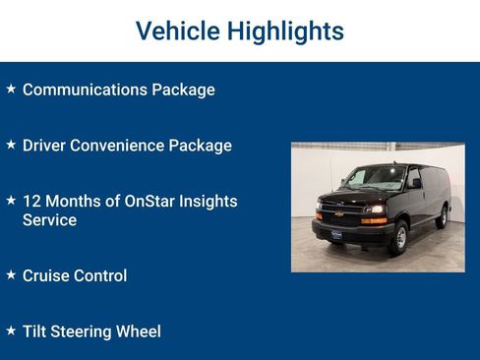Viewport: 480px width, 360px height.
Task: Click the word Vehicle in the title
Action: point(176,31)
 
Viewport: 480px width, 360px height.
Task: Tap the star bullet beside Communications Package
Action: point(11,89)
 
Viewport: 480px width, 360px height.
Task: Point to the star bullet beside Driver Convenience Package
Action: point(11,145)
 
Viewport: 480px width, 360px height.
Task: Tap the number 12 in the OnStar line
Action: point(31,201)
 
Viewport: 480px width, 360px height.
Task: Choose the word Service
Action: point(49,220)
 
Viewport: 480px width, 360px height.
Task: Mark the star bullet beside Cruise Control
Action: point(11,275)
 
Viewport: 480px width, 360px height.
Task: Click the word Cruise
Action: point(46,276)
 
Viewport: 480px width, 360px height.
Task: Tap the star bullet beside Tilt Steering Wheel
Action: point(11,331)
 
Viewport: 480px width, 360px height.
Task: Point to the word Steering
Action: point(85,332)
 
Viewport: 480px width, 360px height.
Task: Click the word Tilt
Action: point(35,331)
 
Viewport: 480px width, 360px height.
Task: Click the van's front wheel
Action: point(399,237)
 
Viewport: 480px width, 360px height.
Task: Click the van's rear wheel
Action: point(442,217)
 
